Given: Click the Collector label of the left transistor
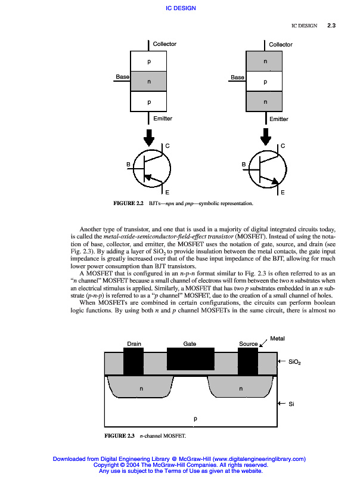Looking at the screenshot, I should [165, 44].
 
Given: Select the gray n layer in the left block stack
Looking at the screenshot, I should [148, 82].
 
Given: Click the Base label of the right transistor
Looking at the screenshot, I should [237, 78].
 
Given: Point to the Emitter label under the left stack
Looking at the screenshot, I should [163, 119].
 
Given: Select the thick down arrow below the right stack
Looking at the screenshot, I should [266, 137].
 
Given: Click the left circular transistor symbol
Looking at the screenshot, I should [151, 169].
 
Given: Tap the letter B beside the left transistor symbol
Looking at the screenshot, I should [128, 164].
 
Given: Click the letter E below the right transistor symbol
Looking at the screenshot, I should [283, 193].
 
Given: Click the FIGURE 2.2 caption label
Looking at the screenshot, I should [128, 204].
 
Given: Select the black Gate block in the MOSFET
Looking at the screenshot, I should [190, 359].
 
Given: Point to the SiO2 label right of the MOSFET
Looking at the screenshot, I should [294, 362].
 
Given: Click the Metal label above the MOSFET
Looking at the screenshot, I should [278, 339].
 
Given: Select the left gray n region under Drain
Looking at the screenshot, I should [141, 388].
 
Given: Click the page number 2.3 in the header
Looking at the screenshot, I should [332, 26].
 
